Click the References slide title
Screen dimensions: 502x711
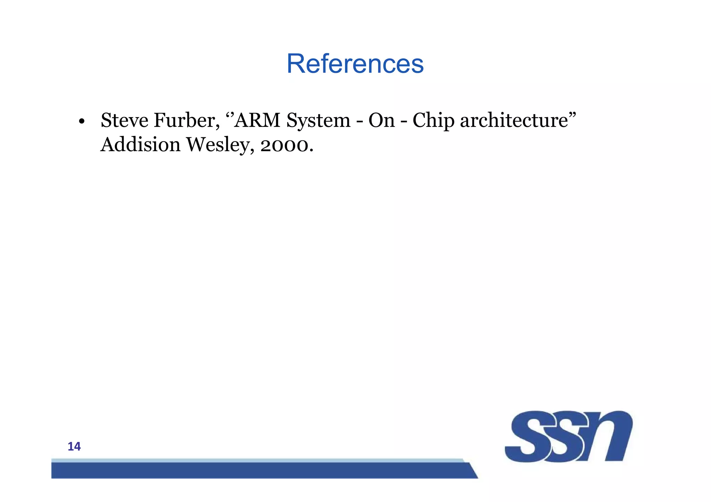[355, 64]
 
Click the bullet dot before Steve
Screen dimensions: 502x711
[82, 122]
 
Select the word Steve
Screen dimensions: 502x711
[124, 120]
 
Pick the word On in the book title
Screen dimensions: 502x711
[382, 120]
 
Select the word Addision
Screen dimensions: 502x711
[140, 145]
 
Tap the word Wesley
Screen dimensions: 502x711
[218, 145]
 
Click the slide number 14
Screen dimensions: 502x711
[74, 447]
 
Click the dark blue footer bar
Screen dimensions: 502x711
[260, 470]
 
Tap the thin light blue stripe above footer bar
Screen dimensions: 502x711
[257, 460]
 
